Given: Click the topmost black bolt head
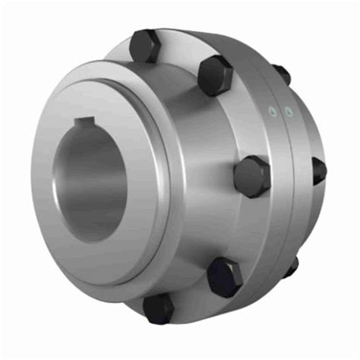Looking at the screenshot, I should [x=144, y=46].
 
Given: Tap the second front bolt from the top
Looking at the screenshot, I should [x=215, y=74].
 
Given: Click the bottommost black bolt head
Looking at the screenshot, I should [x=159, y=309].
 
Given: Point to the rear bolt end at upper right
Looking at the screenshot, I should [x=282, y=74].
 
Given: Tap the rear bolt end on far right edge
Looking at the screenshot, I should [x=319, y=171].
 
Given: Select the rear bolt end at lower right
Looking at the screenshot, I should [x=291, y=267].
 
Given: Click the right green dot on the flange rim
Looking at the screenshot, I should [x=288, y=112].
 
